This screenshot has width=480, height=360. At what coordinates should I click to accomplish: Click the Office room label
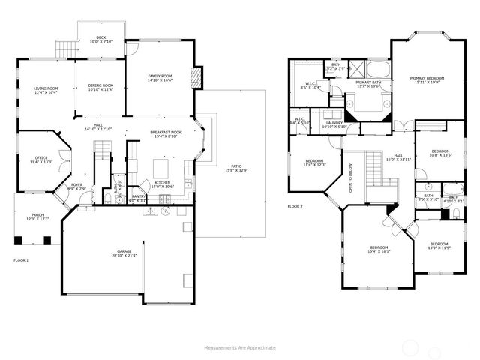pos(40,159)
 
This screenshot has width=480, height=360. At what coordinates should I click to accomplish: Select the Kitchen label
pos(163,184)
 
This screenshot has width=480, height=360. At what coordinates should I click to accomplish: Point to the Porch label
pos(37,217)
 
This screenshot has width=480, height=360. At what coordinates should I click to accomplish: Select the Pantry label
pos(137,198)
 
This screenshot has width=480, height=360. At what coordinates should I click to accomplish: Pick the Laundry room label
pos(334,124)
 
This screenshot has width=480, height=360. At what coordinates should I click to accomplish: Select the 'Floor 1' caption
pos(21,259)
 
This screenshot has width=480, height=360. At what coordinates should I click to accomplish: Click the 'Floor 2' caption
pos(295,206)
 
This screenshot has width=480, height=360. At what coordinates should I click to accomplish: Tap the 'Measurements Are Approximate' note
pos(240,347)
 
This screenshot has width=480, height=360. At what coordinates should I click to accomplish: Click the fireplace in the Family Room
pos(196,77)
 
